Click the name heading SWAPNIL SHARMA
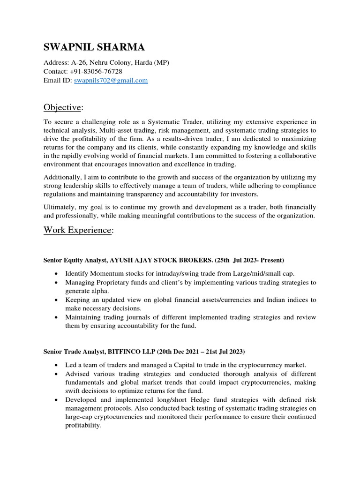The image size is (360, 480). tap(94, 47)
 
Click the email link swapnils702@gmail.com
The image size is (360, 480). tap(111, 80)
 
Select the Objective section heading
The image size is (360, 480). tap(62, 107)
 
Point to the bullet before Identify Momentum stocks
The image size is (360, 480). tap(57, 273)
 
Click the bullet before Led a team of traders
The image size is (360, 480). tap(57, 365)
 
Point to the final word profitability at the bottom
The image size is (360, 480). tap(82, 425)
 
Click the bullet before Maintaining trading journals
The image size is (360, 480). tap(57, 317)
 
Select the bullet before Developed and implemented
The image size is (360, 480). tap(57, 400)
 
